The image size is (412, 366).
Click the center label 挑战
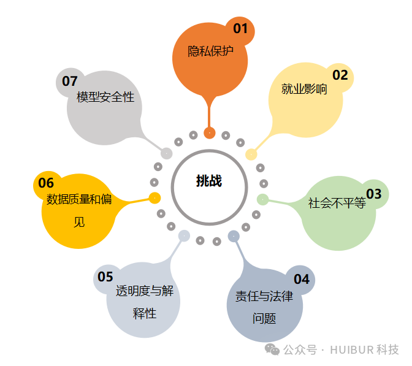click(209, 181)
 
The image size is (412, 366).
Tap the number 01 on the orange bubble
click(240, 28)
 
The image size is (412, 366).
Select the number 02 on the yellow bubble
click(340, 75)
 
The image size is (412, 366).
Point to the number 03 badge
click(374, 194)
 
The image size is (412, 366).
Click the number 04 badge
click(302, 280)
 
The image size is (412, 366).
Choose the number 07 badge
click(70, 81)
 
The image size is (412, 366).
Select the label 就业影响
click(304, 90)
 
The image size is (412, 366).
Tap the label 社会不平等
click(337, 203)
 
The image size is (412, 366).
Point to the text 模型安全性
click(105, 97)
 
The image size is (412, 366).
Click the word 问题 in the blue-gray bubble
click(264, 319)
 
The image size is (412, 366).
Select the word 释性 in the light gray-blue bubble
click(145, 314)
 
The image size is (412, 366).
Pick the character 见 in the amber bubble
click(79, 221)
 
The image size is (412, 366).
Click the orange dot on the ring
click(210, 133)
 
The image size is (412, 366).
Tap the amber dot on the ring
click(155, 198)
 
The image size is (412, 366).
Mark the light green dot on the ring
click(262, 199)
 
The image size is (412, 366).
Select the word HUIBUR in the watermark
click(351, 350)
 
